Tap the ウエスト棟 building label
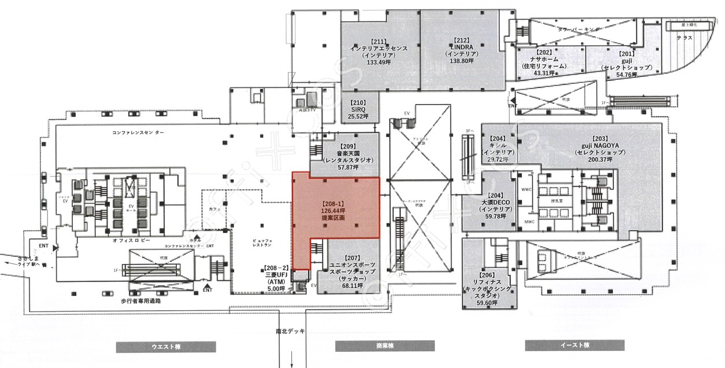click(x=166, y=347)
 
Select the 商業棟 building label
click(x=385, y=347)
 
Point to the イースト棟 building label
click(x=574, y=345)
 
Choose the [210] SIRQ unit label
click(x=358, y=110)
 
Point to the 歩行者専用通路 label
click(x=140, y=301)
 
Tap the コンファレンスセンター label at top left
click(x=138, y=132)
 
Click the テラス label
click(x=685, y=37)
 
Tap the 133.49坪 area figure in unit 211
click(x=379, y=62)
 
